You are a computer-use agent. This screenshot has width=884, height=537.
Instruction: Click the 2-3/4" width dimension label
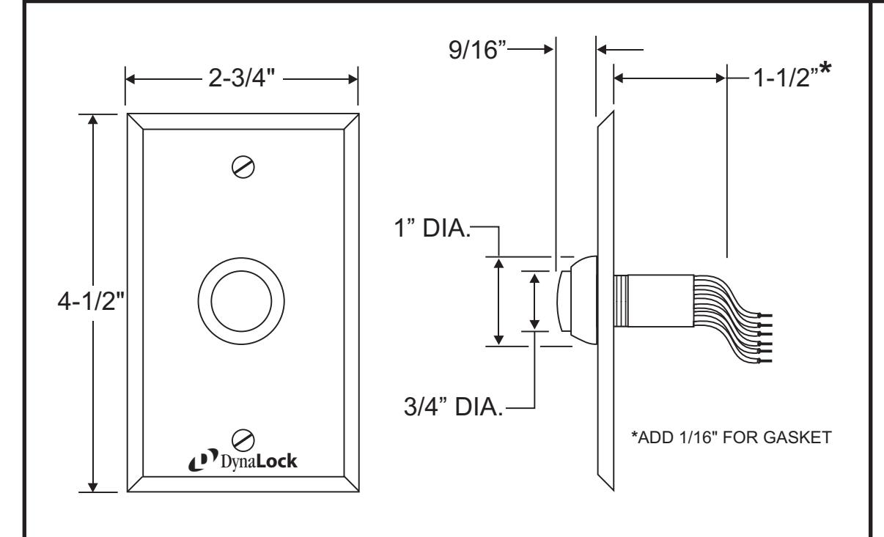[x=241, y=78]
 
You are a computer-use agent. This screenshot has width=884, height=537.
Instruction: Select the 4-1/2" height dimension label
[x=91, y=301]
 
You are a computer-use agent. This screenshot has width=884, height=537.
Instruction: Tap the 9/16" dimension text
[x=477, y=50]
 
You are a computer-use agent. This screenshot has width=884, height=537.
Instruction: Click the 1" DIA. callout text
[x=432, y=228]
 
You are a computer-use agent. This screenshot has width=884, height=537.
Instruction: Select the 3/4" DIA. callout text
[x=454, y=407]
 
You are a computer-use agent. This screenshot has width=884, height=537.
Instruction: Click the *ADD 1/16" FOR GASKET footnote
[x=732, y=437]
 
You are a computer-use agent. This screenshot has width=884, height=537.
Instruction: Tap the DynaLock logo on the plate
[x=243, y=460]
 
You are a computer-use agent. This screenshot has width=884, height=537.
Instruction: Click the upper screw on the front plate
[x=243, y=167]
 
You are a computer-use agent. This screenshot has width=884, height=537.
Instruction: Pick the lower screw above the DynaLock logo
[x=243, y=440]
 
